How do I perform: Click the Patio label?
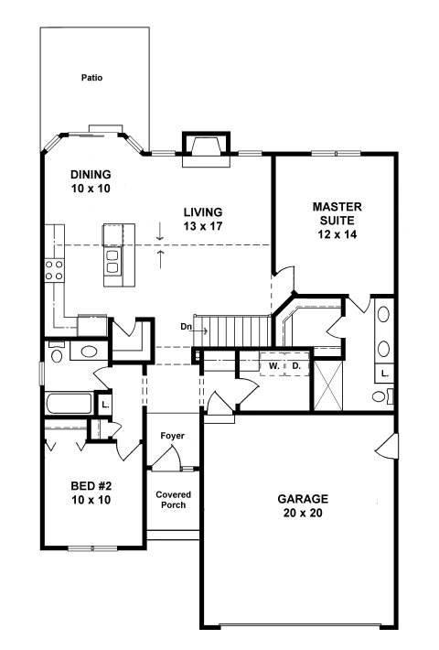(91, 78)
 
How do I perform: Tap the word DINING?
(91, 174)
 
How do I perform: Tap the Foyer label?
(173, 436)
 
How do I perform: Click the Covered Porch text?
(174, 500)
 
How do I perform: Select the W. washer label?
(273, 366)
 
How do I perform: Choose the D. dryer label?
(296, 366)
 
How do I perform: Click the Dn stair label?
(186, 327)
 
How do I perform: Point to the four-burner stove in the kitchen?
(54, 270)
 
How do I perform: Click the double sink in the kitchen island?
(113, 262)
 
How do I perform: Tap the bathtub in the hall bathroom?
(69, 404)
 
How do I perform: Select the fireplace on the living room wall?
(207, 149)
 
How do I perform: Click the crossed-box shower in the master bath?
(328, 385)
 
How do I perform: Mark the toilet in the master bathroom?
(382, 396)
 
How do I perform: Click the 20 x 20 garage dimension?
(303, 513)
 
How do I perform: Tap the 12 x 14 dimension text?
(337, 234)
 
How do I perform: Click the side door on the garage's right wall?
(388, 447)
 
